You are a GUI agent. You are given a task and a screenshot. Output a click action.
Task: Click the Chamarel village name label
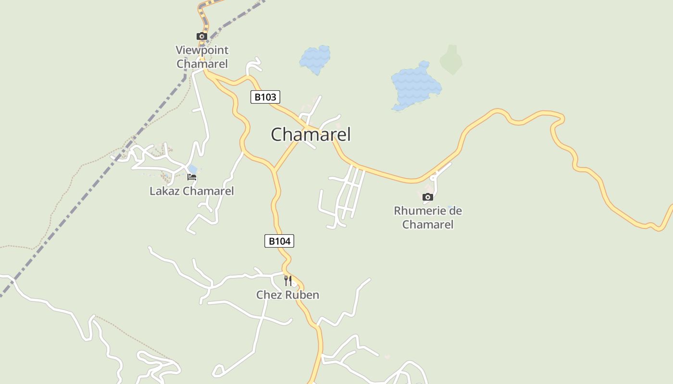point(311,134)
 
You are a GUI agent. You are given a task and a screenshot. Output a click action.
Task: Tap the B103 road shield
point(265,97)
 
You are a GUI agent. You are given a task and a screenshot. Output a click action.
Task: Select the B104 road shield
point(279,241)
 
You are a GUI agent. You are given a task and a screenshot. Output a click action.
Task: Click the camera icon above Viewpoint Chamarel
point(201,36)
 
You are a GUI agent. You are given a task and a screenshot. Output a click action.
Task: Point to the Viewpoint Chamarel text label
point(202,57)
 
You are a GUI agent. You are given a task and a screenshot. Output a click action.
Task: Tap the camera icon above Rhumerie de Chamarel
point(427,197)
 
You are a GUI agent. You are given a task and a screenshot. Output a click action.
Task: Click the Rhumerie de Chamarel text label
point(428,217)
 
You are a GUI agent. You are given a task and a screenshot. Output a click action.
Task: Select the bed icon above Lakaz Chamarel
point(192,177)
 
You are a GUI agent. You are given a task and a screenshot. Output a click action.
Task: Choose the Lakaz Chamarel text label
point(191,191)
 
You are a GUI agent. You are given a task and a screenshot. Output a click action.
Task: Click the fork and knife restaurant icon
point(287,280)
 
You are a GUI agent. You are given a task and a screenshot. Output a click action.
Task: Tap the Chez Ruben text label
point(287,295)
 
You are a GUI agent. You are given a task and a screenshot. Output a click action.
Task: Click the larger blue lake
point(415,86)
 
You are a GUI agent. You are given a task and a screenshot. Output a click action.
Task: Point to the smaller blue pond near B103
point(315,59)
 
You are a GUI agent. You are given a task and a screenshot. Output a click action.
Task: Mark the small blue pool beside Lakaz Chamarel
point(192,168)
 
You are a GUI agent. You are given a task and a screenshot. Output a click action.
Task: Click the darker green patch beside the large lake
point(451,60)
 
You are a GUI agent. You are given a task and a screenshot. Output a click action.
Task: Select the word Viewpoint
point(202,50)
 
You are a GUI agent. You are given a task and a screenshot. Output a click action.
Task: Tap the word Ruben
point(303,295)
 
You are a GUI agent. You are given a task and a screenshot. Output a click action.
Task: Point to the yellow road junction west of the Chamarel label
point(274,169)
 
